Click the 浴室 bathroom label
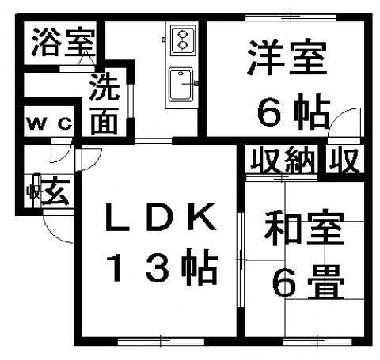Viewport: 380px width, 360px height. [63, 42]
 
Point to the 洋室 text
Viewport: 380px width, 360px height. [287, 57]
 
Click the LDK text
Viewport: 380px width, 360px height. [161, 216]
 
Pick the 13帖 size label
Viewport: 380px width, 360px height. [161, 266]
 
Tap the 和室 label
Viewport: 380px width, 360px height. [304, 228]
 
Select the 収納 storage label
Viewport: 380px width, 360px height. [283, 160]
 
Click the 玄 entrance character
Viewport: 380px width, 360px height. [56, 191]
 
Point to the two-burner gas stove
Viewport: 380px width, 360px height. [182, 40]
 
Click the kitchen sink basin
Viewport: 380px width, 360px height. [180, 85]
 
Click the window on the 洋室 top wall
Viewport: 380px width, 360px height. [291, 17]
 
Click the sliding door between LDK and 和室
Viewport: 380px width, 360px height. [241, 260]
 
